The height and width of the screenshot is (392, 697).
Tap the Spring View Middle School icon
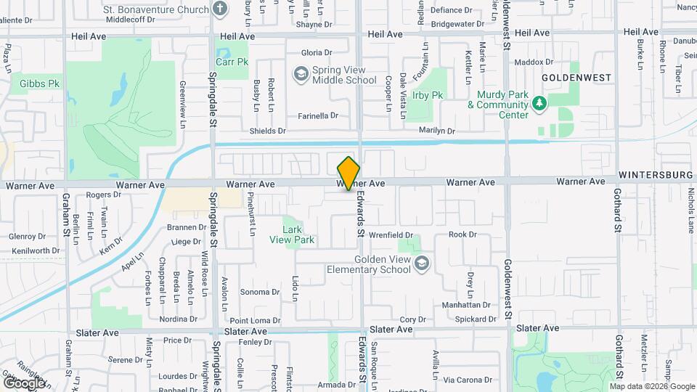(300, 74)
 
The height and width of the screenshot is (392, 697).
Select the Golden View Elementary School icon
(421, 265)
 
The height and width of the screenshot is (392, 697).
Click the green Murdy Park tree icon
(539, 105)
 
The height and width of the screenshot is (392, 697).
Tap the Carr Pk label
(232, 62)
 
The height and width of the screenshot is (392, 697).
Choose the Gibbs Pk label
(40, 83)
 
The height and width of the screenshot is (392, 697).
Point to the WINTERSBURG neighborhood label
(657, 176)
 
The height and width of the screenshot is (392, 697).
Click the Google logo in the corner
(23, 383)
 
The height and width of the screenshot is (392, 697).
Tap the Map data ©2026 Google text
(652, 386)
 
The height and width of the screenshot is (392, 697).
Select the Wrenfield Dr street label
(391, 235)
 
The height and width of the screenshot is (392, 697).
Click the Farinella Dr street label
(319, 115)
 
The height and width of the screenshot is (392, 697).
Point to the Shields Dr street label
(268, 131)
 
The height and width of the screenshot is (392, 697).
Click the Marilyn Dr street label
(436, 131)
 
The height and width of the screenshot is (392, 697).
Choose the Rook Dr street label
(462, 234)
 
